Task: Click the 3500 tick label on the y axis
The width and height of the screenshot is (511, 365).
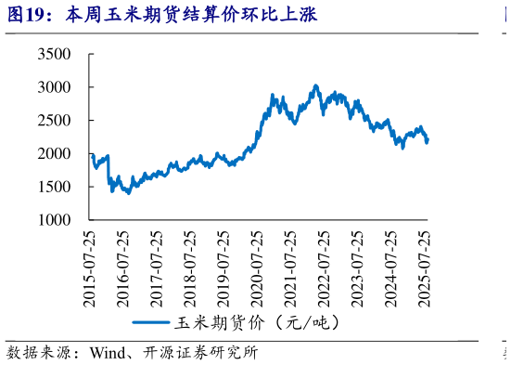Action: (x=54, y=55)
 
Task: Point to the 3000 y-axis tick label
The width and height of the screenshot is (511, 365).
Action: (x=54, y=87)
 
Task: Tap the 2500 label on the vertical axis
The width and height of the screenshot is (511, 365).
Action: (x=54, y=121)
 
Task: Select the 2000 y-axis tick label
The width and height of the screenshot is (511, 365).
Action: (x=54, y=153)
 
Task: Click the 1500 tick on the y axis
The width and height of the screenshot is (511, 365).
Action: (x=54, y=187)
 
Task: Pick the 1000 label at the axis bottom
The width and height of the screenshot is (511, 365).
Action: (x=54, y=220)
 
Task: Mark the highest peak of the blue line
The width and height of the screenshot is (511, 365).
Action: (x=316, y=85)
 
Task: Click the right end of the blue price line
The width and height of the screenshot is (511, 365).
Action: (x=428, y=140)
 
